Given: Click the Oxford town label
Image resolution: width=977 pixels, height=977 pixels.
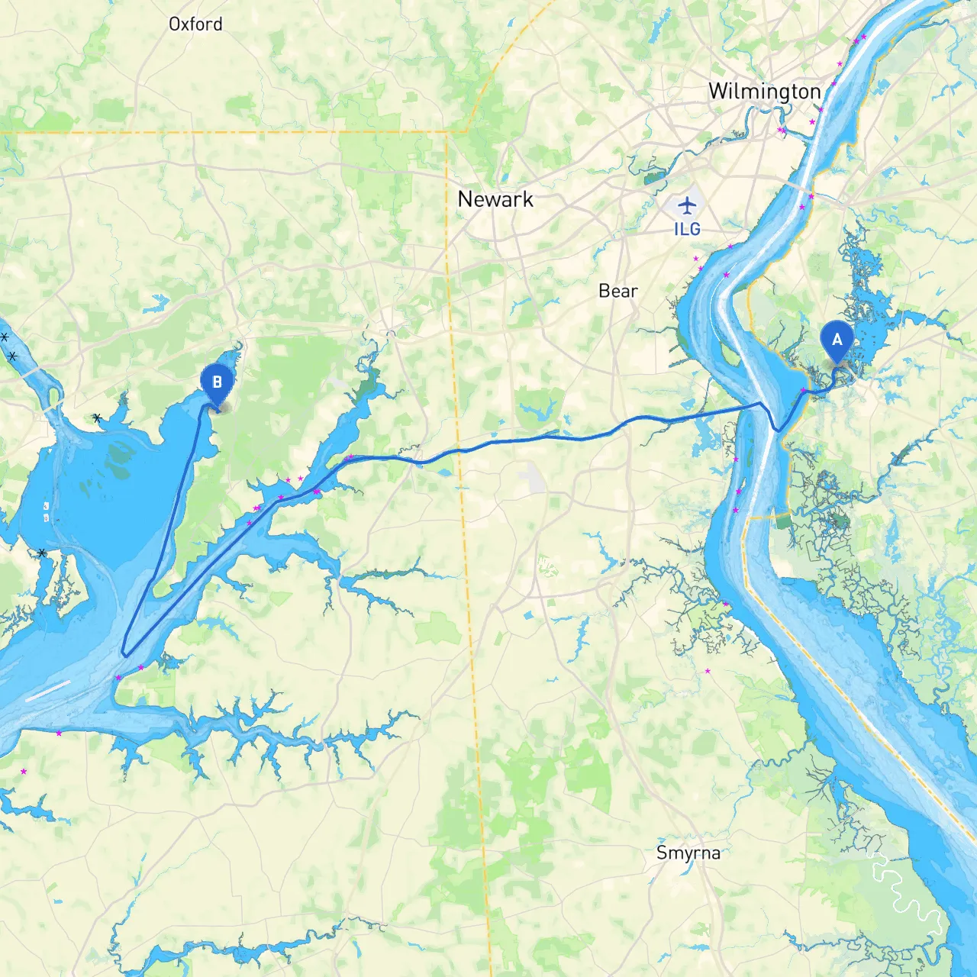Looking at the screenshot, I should click(195, 24).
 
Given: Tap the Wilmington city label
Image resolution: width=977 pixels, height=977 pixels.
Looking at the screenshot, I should click(764, 92).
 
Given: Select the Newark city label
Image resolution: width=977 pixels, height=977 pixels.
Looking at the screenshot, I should click(495, 199).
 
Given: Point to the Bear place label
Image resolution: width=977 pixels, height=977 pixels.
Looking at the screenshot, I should click(617, 291).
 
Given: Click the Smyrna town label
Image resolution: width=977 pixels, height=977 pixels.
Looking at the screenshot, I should click(688, 853).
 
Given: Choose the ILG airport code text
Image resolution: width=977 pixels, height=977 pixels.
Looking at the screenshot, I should click(687, 229).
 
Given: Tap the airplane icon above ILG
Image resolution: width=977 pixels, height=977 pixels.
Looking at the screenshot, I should click(687, 205).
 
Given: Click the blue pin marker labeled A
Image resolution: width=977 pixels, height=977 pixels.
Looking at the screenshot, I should click(837, 340).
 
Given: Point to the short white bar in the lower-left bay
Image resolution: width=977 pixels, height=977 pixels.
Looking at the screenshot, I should click(47, 690).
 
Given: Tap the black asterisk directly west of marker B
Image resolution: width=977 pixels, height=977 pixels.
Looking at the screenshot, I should click(97, 418).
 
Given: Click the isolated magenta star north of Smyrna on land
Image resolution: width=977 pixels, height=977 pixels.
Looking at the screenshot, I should click(708, 671).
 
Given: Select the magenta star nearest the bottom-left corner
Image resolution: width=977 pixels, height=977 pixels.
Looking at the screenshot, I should click(24, 772).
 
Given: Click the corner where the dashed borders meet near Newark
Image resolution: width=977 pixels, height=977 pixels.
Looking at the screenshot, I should click(447, 132).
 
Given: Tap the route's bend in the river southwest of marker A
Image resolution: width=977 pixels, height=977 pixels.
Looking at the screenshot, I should click(777, 430).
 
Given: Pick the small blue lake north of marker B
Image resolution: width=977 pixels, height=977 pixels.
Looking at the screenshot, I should click(156, 303).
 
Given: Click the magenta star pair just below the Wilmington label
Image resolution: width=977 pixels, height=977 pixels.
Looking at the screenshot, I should click(782, 131).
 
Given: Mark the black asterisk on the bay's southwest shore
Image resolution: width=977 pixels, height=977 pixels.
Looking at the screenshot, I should click(42, 552).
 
